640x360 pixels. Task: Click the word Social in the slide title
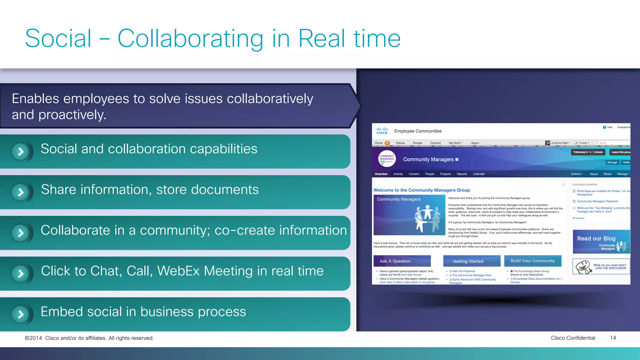(58, 38)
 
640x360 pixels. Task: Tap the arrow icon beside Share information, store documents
(21, 192)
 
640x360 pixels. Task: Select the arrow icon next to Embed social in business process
(21, 314)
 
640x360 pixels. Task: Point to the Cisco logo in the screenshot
(382, 131)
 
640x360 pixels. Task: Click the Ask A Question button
(402, 261)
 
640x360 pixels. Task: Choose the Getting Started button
(472, 261)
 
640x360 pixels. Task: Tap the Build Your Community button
(532, 261)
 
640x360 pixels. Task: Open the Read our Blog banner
(601, 242)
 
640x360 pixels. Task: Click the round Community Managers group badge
(387, 159)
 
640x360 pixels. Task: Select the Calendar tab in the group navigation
(478, 174)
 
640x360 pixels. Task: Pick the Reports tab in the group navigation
(462, 174)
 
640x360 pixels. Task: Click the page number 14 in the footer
(613, 338)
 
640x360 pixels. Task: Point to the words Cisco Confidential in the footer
(573, 338)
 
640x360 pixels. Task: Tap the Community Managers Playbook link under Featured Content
(597, 201)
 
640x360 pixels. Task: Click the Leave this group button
(620, 152)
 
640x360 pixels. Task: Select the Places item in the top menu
(400, 143)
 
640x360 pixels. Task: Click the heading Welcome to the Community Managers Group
(422, 190)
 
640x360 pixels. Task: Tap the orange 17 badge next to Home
(387, 143)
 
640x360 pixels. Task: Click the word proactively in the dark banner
(72, 115)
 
